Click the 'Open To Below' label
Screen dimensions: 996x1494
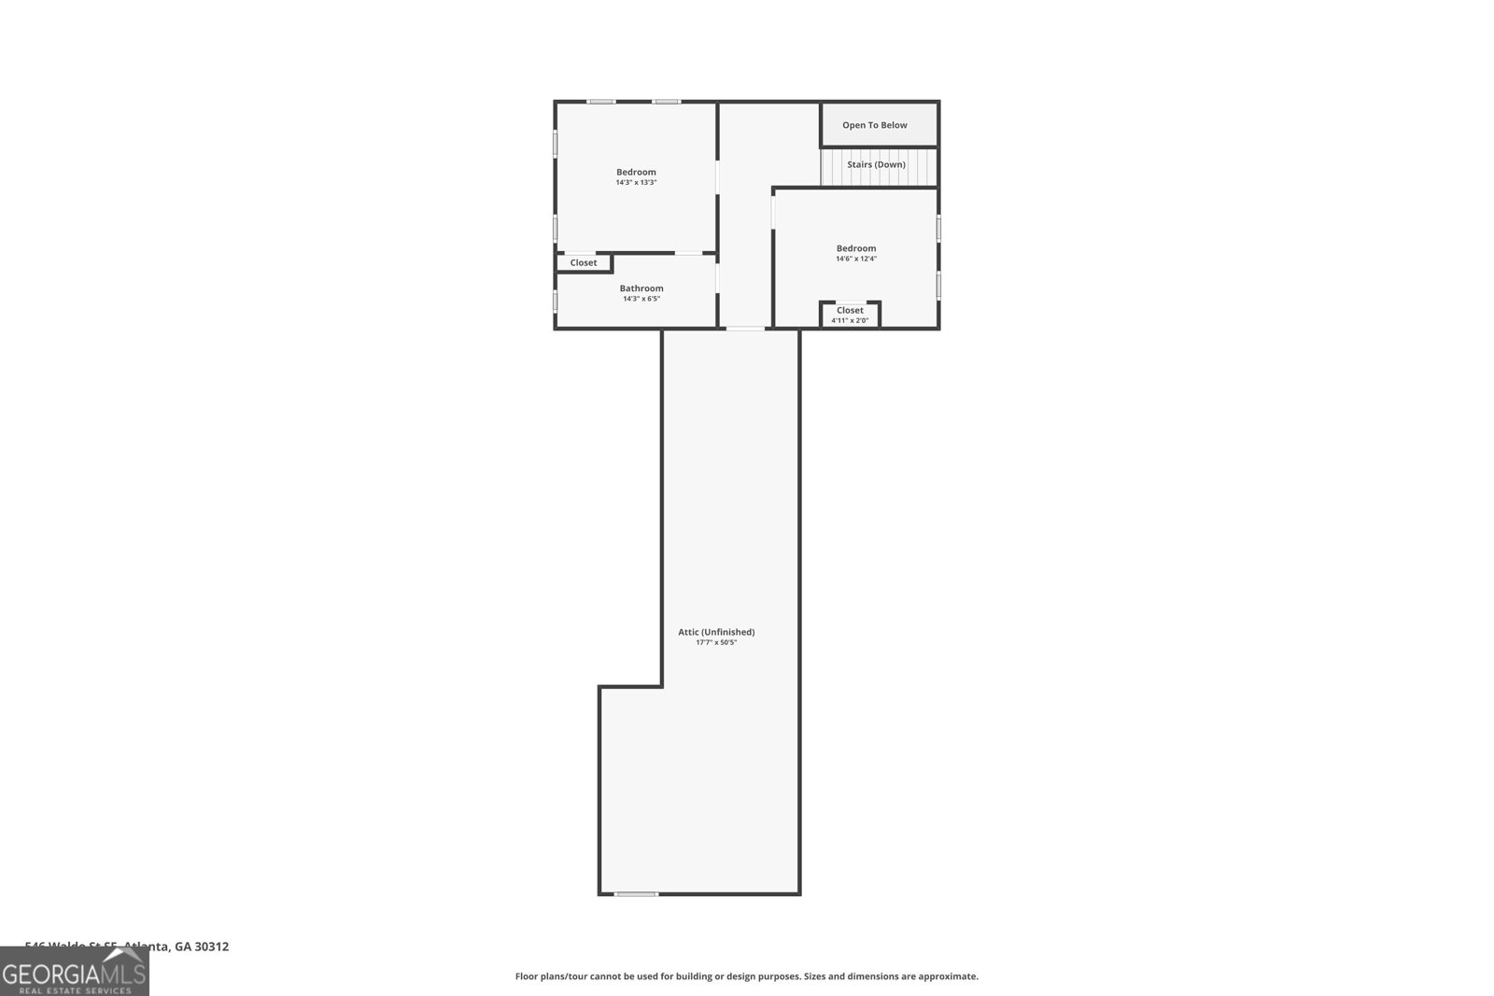click(x=874, y=125)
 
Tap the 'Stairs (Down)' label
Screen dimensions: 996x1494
click(x=876, y=164)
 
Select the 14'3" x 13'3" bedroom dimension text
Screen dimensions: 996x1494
click(x=636, y=183)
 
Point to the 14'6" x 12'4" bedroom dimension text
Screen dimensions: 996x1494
click(x=855, y=259)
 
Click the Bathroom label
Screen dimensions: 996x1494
click(x=641, y=288)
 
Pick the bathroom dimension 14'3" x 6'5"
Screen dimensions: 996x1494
click(x=641, y=299)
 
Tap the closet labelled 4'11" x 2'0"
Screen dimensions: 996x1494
click(x=850, y=315)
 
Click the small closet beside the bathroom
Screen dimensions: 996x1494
click(x=584, y=263)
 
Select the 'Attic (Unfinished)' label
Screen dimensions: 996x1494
click(x=716, y=632)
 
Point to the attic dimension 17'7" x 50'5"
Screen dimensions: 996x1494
click(x=716, y=642)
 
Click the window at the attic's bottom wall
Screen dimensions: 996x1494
click(x=636, y=894)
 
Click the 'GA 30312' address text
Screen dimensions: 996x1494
click(x=202, y=947)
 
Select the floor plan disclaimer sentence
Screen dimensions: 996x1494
click(x=746, y=976)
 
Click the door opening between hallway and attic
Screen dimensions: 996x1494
click(x=745, y=329)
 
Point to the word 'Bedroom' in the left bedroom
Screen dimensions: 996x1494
click(x=636, y=172)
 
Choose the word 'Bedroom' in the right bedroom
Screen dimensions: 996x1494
click(x=855, y=248)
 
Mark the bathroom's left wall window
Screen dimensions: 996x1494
click(x=556, y=301)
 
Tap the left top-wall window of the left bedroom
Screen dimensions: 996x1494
click(x=600, y=102)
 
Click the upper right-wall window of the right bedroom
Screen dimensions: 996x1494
click(x=938, y=228)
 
